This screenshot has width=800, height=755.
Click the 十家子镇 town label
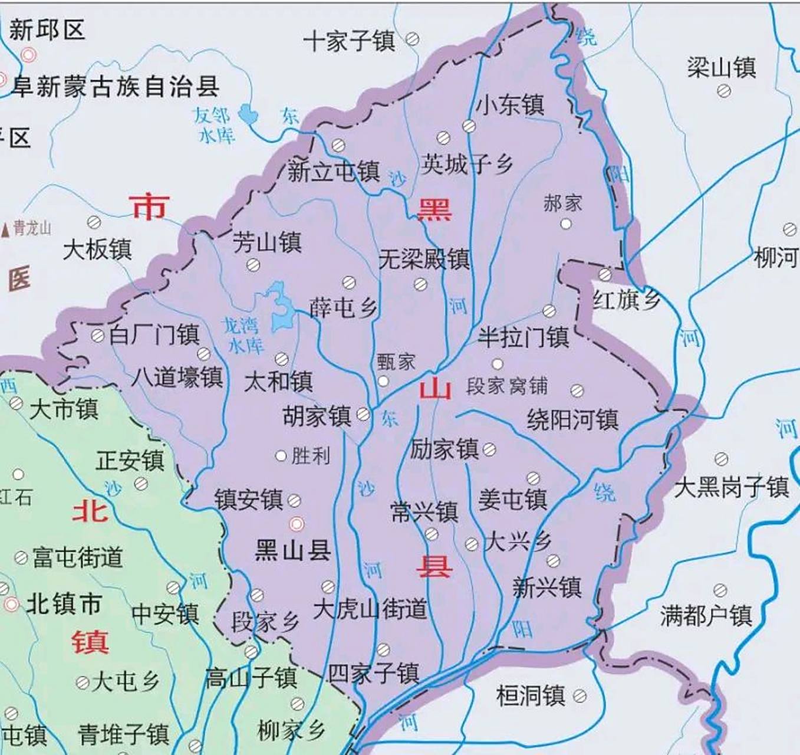click(349, 41)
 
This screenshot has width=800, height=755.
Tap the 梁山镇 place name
click(721, 67)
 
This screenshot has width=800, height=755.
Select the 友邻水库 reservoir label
click(216, 124)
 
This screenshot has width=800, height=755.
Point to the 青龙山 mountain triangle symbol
click(6, 228)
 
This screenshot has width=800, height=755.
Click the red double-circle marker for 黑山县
click(297, 524)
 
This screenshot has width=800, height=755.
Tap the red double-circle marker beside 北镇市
click(11, 604)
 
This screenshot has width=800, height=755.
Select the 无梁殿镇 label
click(424, 258)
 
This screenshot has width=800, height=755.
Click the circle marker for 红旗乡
click(605, 274)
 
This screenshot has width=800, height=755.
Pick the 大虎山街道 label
click(370, 609)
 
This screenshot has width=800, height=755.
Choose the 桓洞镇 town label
click(531, 695)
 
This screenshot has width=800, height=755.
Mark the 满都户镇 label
click(706, 616)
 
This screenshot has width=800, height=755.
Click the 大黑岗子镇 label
click(730, 487)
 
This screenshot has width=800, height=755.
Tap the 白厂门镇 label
click(154, 335)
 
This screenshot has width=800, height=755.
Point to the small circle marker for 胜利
click(281, 455)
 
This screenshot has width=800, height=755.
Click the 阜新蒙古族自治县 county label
click(116, 87)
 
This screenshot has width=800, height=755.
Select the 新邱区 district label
click(47, 29)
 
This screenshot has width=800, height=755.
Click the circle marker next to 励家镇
click(489, 449)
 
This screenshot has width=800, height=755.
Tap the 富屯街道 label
click(77, 557)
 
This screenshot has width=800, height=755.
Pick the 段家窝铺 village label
click(506, 386)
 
